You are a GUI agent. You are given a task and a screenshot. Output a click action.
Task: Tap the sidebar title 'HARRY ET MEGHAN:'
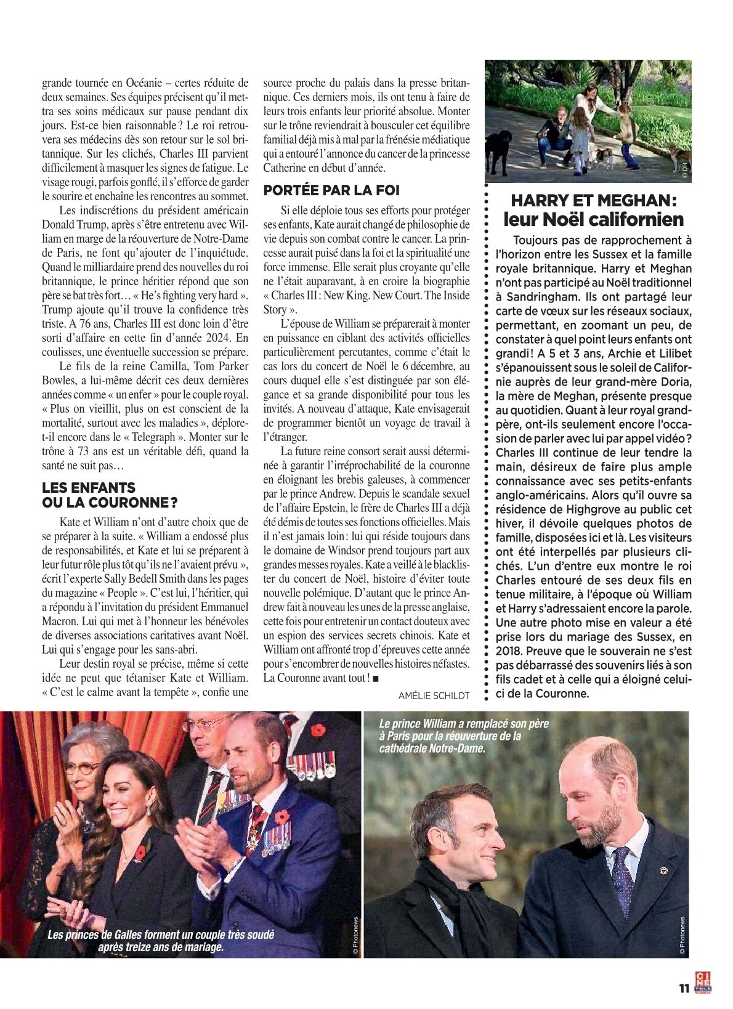tap(594, 200)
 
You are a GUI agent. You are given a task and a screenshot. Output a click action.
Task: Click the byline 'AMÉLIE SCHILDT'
tap(434, 695)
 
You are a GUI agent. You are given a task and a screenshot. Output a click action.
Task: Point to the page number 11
tap(682, 988)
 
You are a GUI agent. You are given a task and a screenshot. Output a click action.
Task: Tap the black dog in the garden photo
tap(497, 150)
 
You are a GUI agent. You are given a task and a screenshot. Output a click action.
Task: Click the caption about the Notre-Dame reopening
tap(451, 736)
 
